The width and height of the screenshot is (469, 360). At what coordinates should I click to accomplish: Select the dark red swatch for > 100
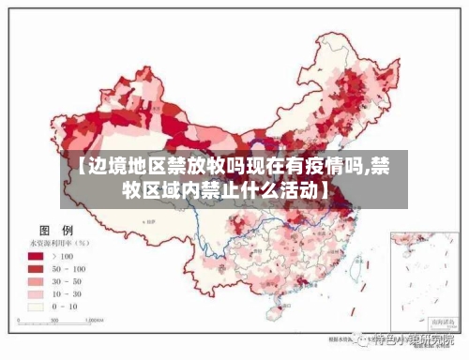37,256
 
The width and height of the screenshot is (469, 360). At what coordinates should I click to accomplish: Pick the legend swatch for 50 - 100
37,268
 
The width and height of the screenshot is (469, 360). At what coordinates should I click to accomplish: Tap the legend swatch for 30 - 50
37,280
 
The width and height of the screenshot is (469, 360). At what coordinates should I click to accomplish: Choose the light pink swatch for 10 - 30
37,292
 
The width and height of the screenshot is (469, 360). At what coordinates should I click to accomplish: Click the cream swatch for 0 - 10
37,306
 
